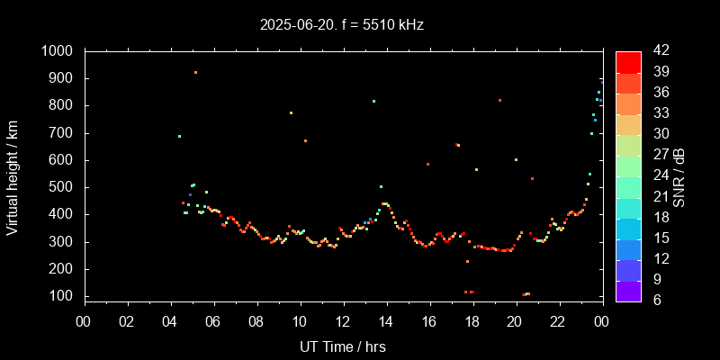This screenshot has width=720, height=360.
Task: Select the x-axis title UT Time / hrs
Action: click(x=342, y=346)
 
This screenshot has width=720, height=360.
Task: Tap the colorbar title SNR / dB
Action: click(x=679, y=175)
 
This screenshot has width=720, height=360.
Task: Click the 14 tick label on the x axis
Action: click(x=385, y=320)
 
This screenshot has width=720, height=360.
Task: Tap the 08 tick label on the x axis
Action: click(x=256, y=320)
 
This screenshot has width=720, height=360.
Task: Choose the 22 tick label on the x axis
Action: click(x=558, y=320)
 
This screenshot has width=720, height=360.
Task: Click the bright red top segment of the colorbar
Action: click(x=628, y=61)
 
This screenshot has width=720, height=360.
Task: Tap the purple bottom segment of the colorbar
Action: click(x=628, y=290)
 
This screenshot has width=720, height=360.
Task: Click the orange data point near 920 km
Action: click(x=195, y=73)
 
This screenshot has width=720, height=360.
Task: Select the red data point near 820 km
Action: click(x=499, y=100)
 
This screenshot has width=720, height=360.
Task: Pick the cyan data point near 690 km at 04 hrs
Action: click(x=180, y=136)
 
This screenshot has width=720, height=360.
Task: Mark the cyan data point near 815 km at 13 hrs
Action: click(x=373, y=101)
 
